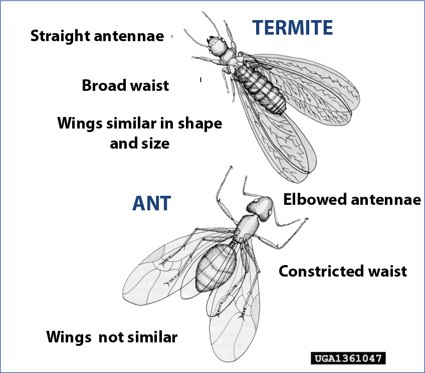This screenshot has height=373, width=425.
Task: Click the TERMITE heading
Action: tap(293, 28)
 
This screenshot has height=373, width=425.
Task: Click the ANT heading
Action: tap(151, 203)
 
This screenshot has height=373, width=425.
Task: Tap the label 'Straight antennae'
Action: tap(97, 36)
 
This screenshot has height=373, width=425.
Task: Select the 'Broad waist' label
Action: tap(125, 85)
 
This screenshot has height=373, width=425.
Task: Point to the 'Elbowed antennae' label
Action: tap(352, 199)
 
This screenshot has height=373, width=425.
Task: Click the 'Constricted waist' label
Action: tap(343, 271)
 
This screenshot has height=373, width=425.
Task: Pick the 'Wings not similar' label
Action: tap(112, 337)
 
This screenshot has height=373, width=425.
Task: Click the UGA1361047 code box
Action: tap(348, 358)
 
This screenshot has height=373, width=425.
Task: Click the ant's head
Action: tap(260, 208)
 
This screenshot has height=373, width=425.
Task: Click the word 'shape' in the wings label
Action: tap(200, 124)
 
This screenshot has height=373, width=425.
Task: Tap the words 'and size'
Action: tap(140, 143)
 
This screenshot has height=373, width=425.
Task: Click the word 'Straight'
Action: tap(60, 36)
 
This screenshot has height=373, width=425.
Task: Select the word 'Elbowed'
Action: tap(315, 199)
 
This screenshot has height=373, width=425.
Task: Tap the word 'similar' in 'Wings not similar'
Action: tap(152, 337)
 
